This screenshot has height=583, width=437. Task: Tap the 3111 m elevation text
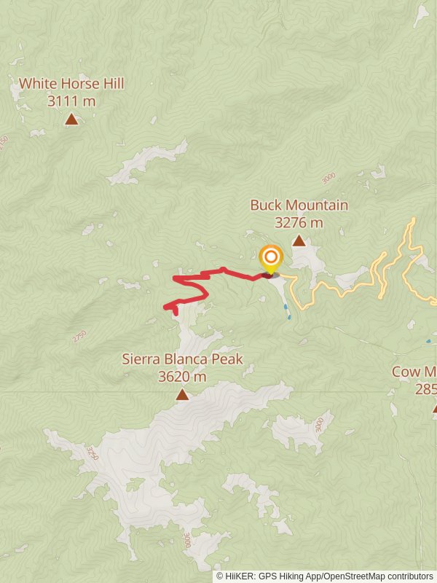coord(71,101)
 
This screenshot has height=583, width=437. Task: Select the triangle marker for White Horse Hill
coord(71,120)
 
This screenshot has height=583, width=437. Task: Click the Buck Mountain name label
coord(299,206)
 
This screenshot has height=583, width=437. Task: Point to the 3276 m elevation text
coord(299,223)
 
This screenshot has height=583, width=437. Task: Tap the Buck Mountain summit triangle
coord(299,240)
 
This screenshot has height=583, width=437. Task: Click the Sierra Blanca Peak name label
coord(182,359)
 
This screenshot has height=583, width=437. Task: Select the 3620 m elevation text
coord(182,376)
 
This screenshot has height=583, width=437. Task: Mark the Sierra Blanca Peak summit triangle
coord(182,395)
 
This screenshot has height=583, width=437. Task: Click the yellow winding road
coord(342,285)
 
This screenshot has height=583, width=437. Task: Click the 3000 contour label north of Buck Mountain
coord(329,177)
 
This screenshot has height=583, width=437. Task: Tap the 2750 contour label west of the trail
coord(79,336)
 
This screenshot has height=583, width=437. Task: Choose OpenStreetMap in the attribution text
coord(355,576)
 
